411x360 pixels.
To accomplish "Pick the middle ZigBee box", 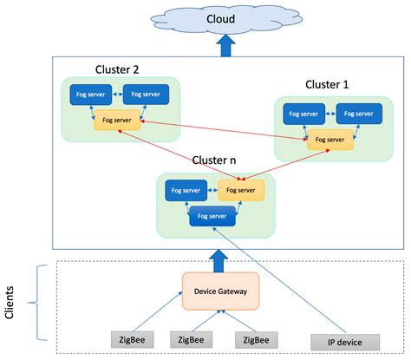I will click(x=195, y=338).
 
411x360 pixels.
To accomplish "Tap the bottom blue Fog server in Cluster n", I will click(x=212, y=215).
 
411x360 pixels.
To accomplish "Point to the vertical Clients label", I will click(x=10, y=303).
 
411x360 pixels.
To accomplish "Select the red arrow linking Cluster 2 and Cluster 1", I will click(x=221, y=129).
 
